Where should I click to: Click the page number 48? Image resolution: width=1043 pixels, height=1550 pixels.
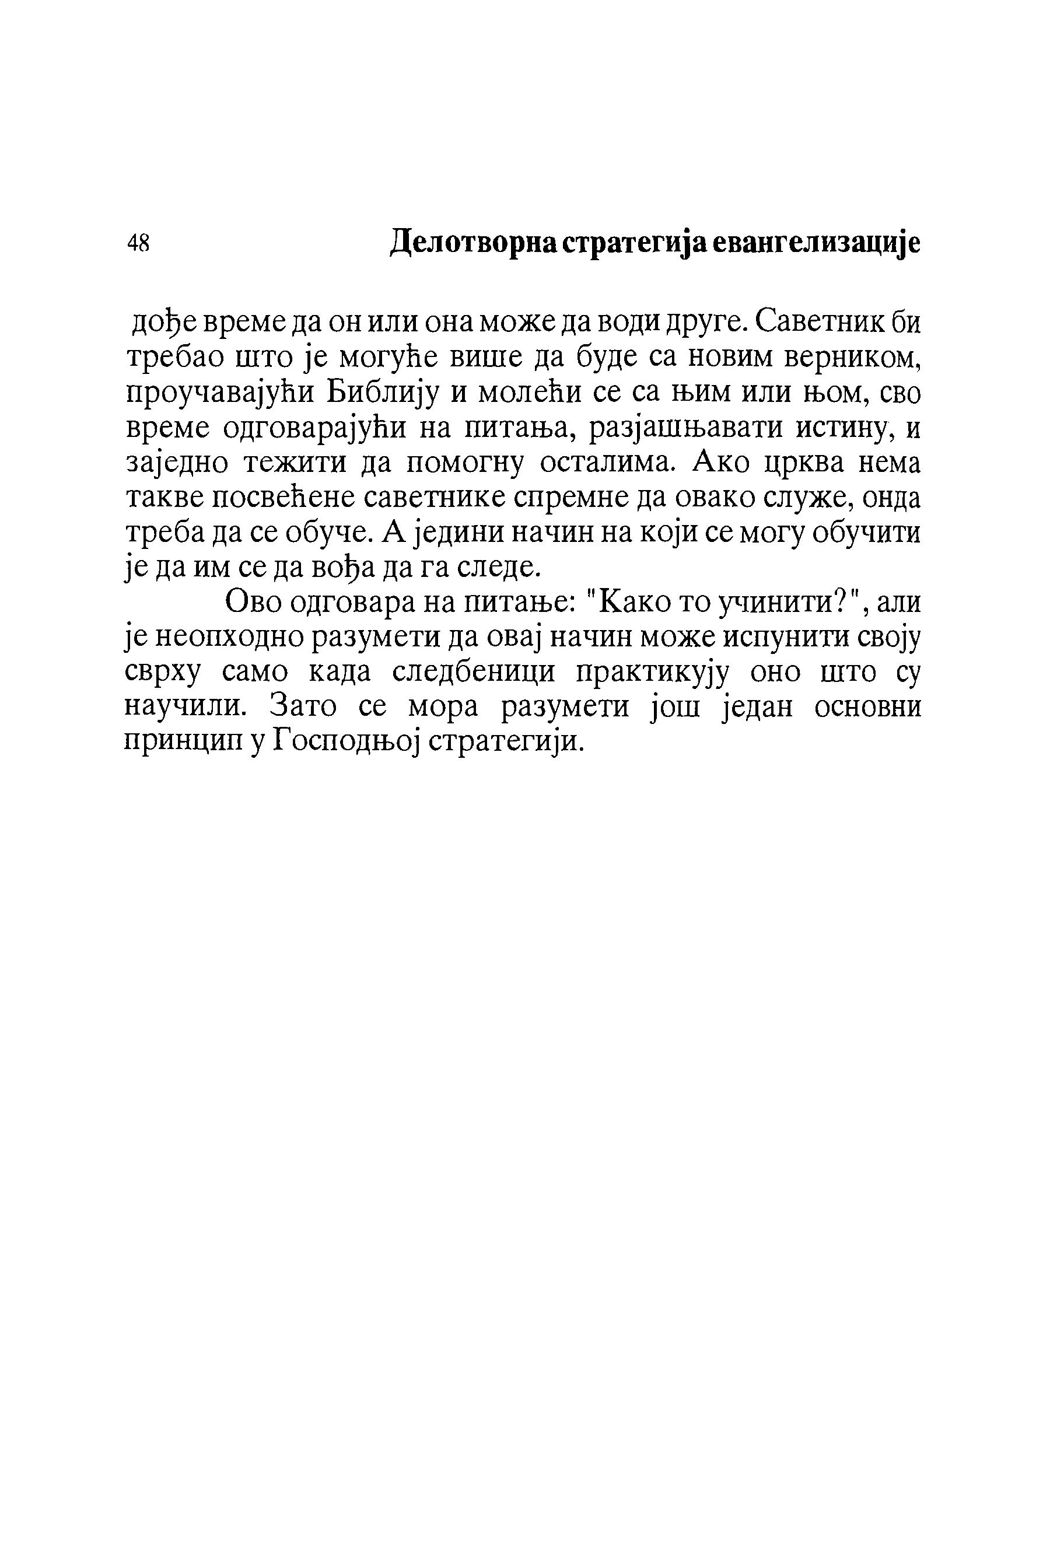[138, 243]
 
